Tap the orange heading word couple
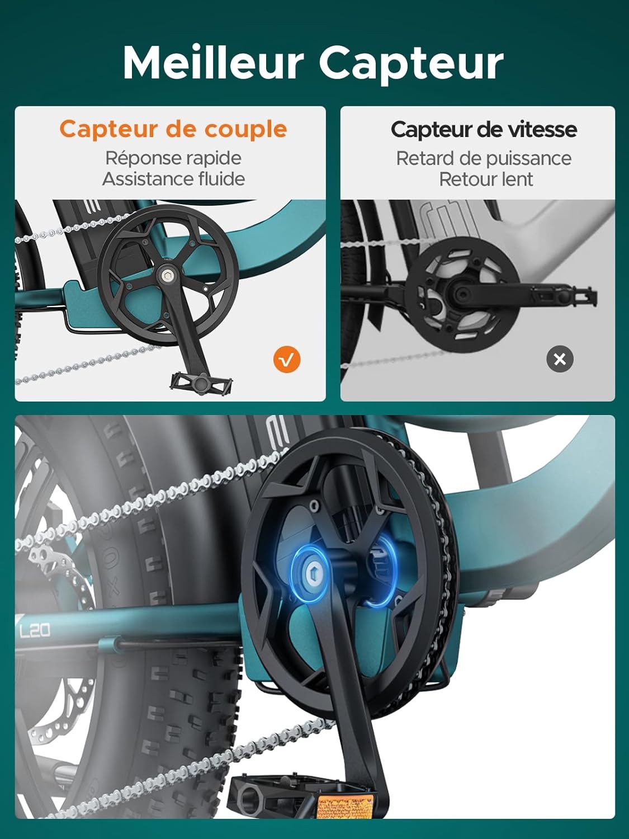[x=245, y=129]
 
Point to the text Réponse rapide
[x=173, y=158]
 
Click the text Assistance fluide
[x=173, y=179]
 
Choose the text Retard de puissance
[x=484, y=158]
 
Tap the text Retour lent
[x=486, y=180]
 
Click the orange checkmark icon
[x=287, y=360]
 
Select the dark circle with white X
[x=560, y=359]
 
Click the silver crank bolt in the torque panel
[x=167, y=275]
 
